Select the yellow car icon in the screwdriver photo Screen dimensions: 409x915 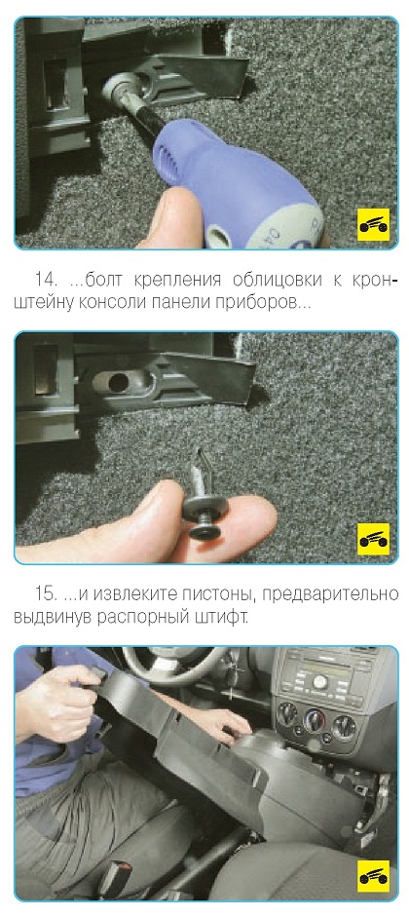click(373, 224)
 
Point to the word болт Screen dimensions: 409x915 click(103, 280)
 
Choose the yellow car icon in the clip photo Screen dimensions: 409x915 click(373, 539)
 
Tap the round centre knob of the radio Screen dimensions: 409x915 click(319, 682)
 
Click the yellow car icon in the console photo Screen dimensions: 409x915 click(373, 875)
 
